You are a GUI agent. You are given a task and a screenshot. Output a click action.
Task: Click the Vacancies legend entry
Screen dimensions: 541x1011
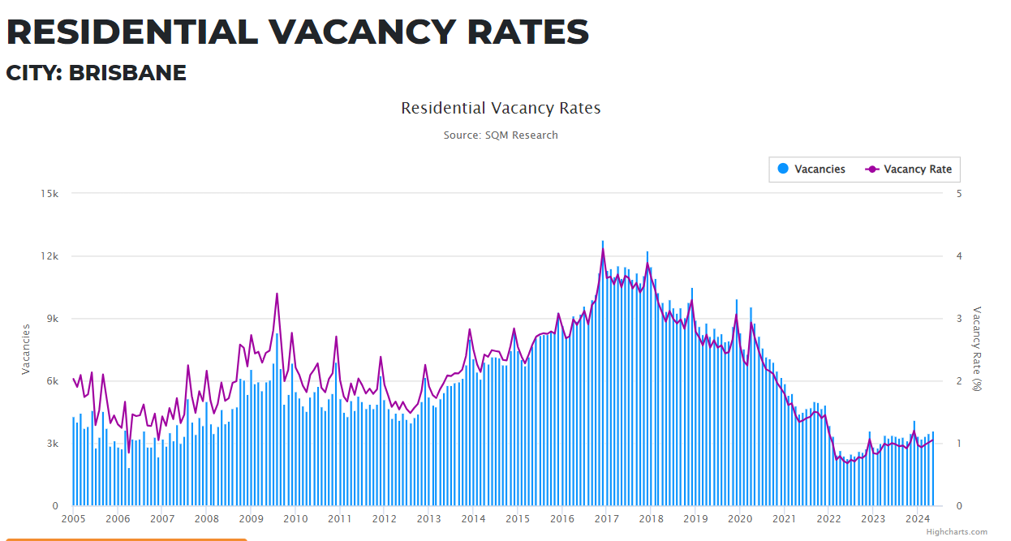pos(812,170)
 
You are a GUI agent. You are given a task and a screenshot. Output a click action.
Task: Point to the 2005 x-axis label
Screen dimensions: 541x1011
pos(73,519)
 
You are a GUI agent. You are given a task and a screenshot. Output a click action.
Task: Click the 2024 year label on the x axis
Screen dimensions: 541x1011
pos(917,519)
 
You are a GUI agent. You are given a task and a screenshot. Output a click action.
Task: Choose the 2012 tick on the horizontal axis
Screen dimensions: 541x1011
pos(384,519)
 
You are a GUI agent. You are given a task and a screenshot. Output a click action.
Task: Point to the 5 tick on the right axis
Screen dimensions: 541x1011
pos(960,194)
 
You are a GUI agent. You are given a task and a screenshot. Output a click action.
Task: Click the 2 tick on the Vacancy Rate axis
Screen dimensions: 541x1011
pos(960,381)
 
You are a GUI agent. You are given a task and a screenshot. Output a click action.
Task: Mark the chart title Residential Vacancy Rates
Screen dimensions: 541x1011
pos(501,108)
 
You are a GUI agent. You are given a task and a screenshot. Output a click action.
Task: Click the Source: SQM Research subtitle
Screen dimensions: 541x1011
pos(501,135)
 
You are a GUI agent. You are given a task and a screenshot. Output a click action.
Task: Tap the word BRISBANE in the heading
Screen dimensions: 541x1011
pos(127,73)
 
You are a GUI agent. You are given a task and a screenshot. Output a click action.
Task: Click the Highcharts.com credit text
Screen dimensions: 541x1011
pos(957,532)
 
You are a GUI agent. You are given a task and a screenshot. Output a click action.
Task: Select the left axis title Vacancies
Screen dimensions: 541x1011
pos(26,349)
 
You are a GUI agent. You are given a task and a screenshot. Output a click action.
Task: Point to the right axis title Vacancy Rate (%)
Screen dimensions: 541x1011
pos(977,349)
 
